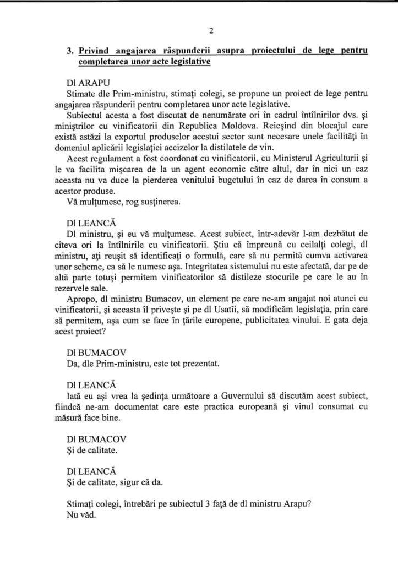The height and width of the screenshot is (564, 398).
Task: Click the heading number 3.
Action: pyautogui.click(x=69, y=51)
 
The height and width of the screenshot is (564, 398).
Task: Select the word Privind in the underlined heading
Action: pyautogui.click(x=93, y=51)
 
